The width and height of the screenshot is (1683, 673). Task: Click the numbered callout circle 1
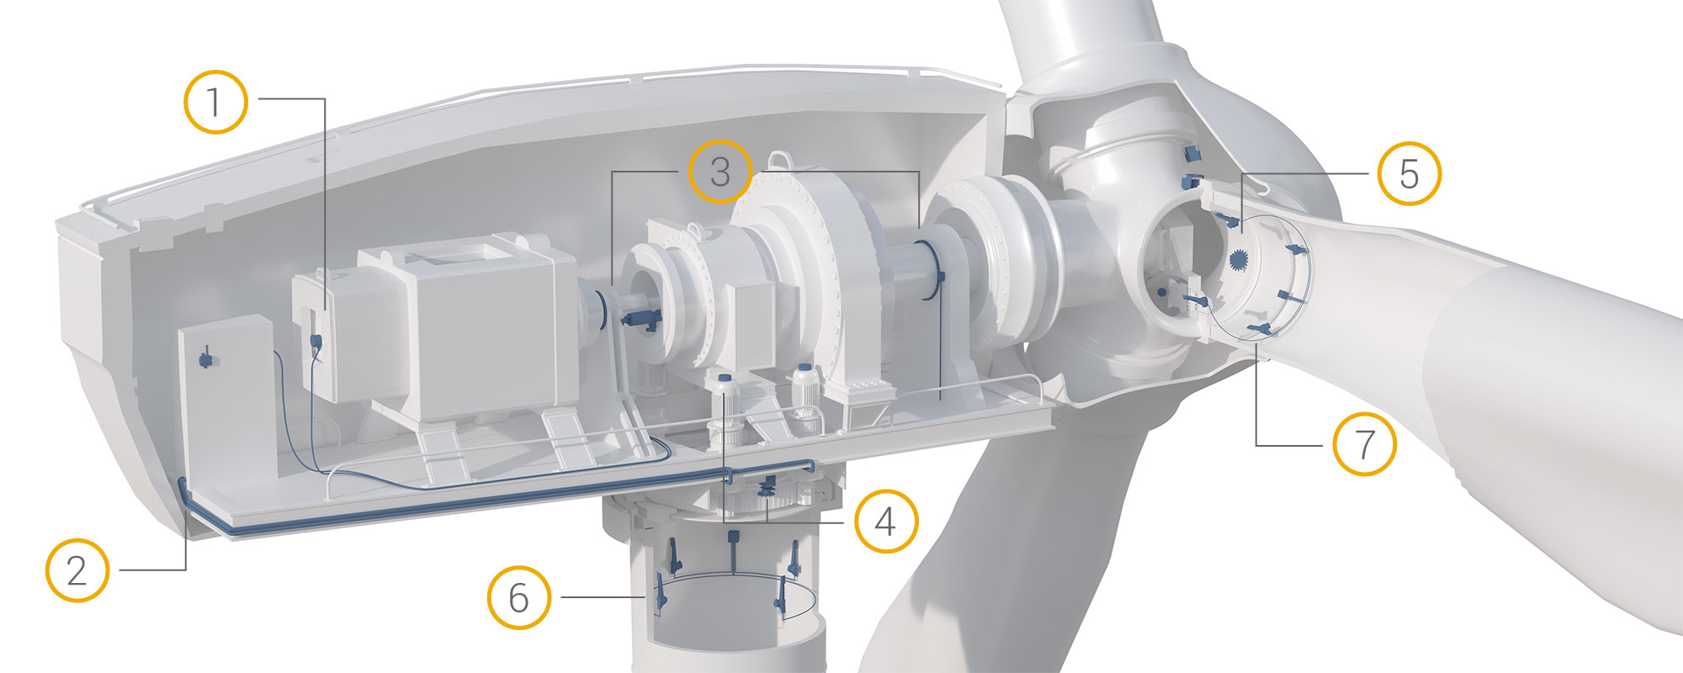(215, 102)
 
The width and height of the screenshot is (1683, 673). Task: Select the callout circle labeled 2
(77, 570)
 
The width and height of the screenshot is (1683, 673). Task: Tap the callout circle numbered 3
(720, 171)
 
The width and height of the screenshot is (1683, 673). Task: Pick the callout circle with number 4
(886, 521)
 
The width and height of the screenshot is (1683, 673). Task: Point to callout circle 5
(1410, 173)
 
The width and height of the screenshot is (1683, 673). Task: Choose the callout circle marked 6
(519, 597)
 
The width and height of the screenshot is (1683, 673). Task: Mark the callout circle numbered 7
(1364, 443)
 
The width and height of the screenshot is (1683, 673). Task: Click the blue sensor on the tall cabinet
(205, 359)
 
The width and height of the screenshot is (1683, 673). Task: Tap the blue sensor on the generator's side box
(316, 341)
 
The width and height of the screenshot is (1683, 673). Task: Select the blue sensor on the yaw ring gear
(768, 489)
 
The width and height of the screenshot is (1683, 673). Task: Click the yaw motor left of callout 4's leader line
(724, 412)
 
